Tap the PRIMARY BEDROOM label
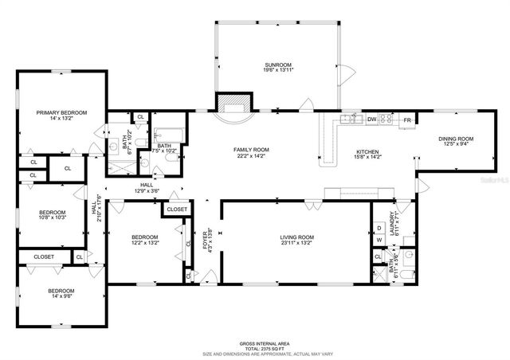pos(61,113)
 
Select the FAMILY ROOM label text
pos(251,150)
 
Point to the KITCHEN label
pos(367,151)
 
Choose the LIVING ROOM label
pos(296,237)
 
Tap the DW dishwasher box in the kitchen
pos(371,119)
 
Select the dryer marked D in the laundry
pos(379,229)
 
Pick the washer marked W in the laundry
pos(379,240)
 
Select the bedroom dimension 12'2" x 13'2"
pos(144,243)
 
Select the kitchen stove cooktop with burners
pos(386,119)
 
